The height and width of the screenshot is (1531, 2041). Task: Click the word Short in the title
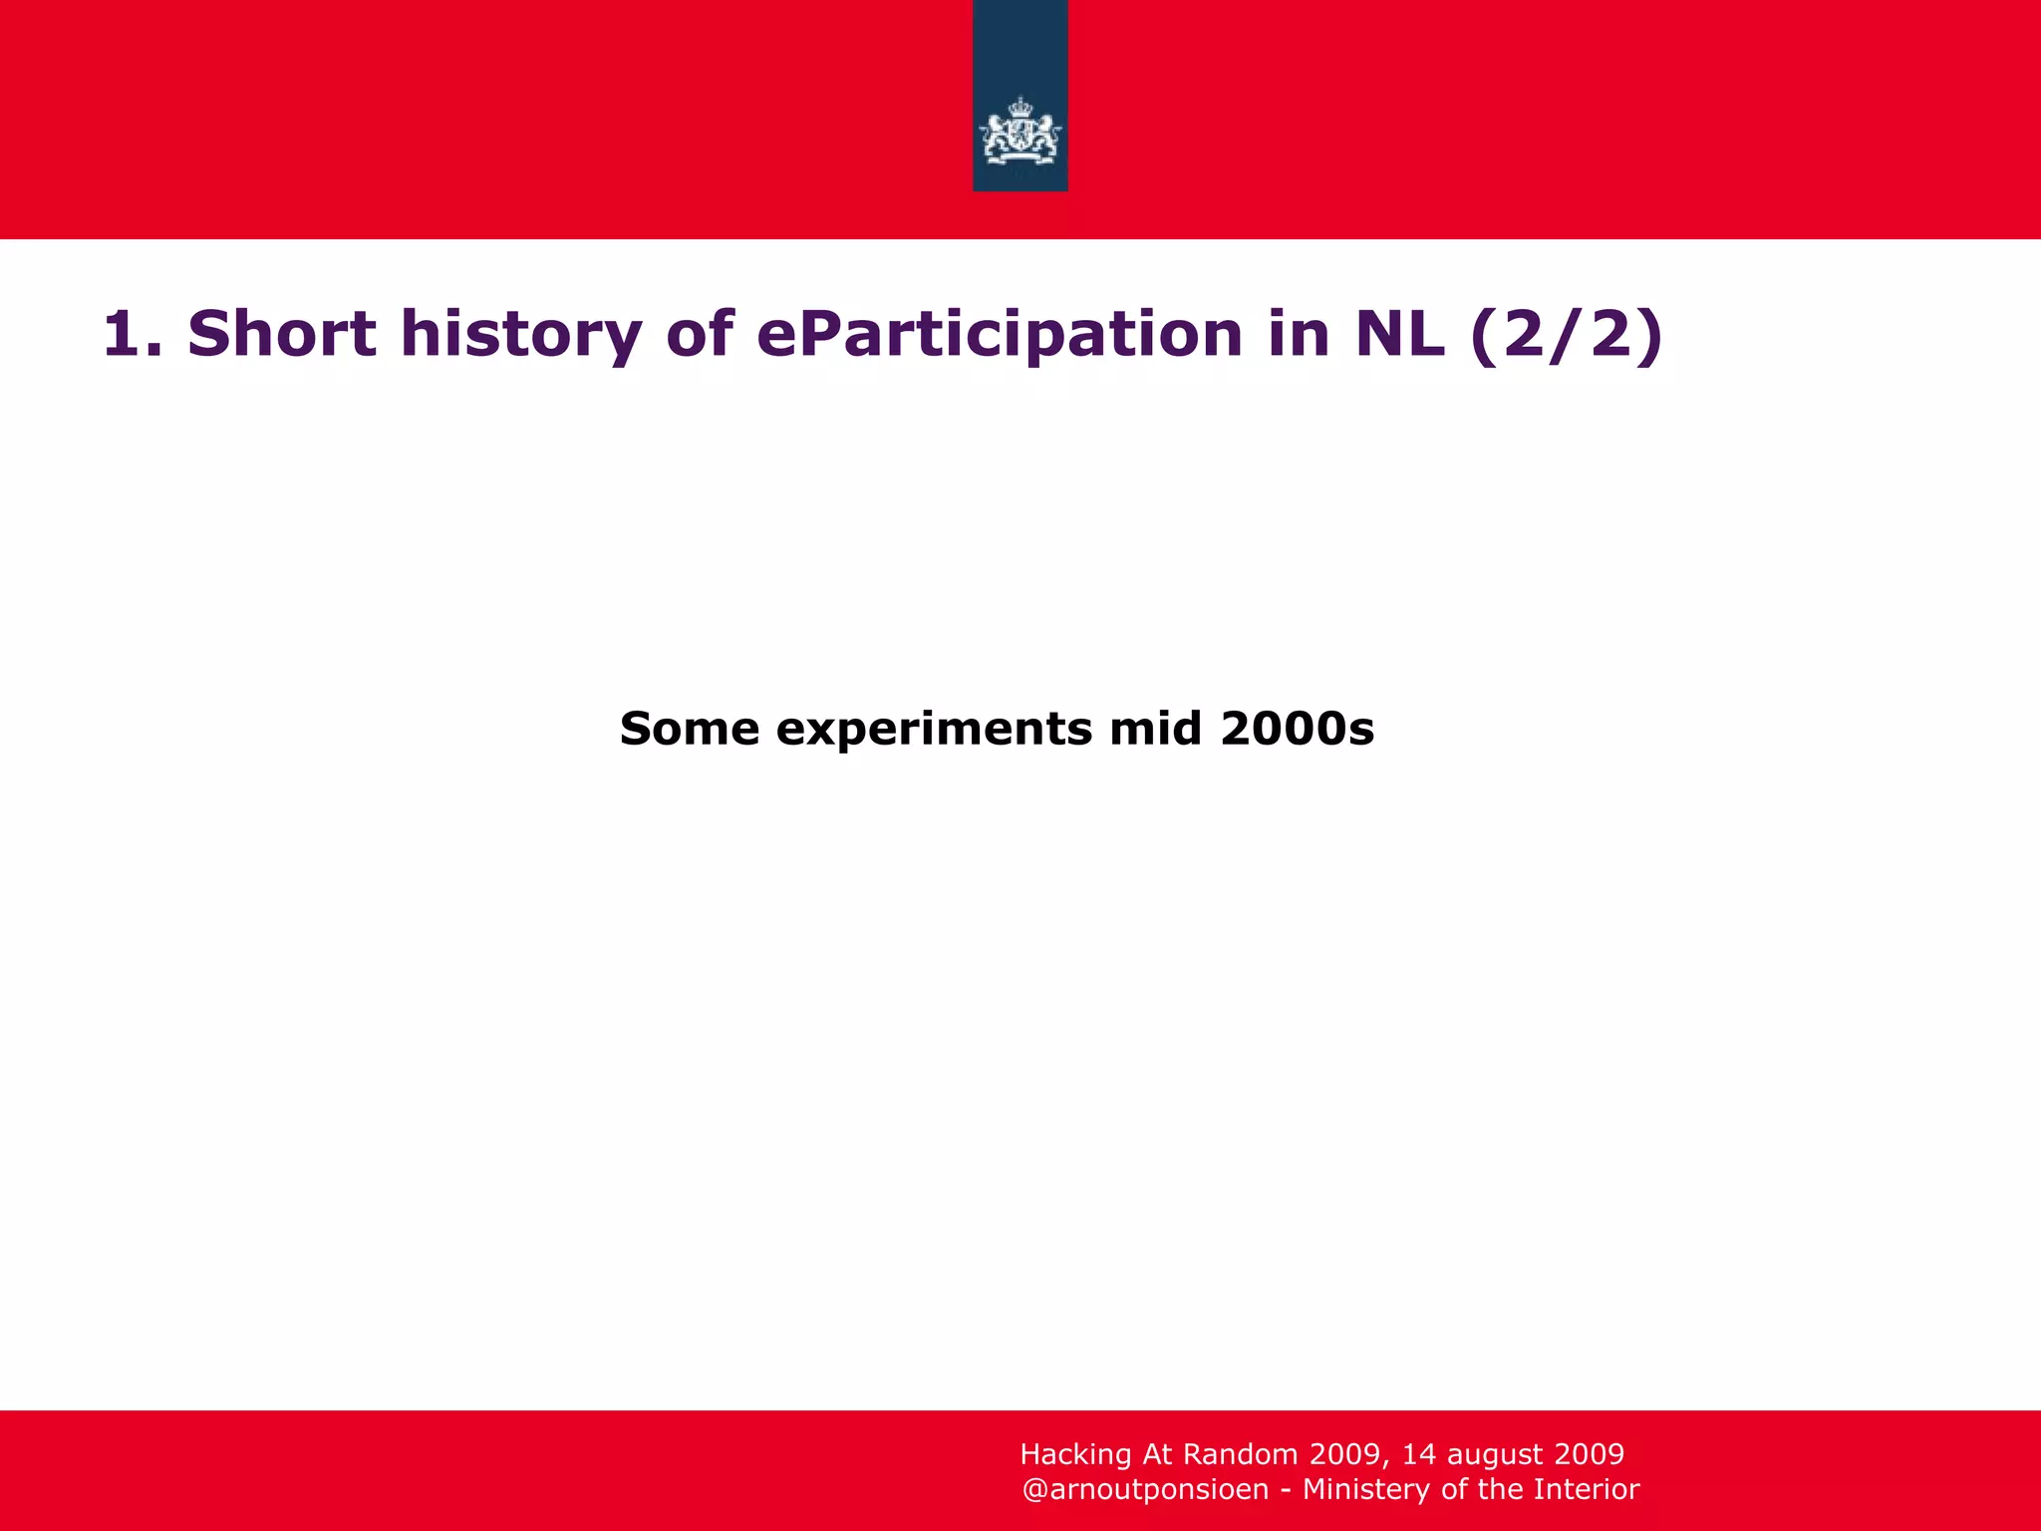(x=281, y=334)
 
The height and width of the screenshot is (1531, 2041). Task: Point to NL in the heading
(x=1399, y=334)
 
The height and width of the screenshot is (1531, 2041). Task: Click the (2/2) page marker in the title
(x=1566, y=334)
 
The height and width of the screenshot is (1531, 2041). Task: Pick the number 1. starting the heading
(x=132, y=334)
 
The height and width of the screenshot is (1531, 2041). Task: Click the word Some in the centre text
(x=689, y=729)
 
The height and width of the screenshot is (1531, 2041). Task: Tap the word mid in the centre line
(x=1156, y=729)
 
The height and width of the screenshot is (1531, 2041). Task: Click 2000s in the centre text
(x=1297, y=729)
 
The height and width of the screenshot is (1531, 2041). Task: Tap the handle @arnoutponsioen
(x=1145, y=1490)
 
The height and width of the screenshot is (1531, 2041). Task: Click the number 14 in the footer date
(x=1419, y=1454)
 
